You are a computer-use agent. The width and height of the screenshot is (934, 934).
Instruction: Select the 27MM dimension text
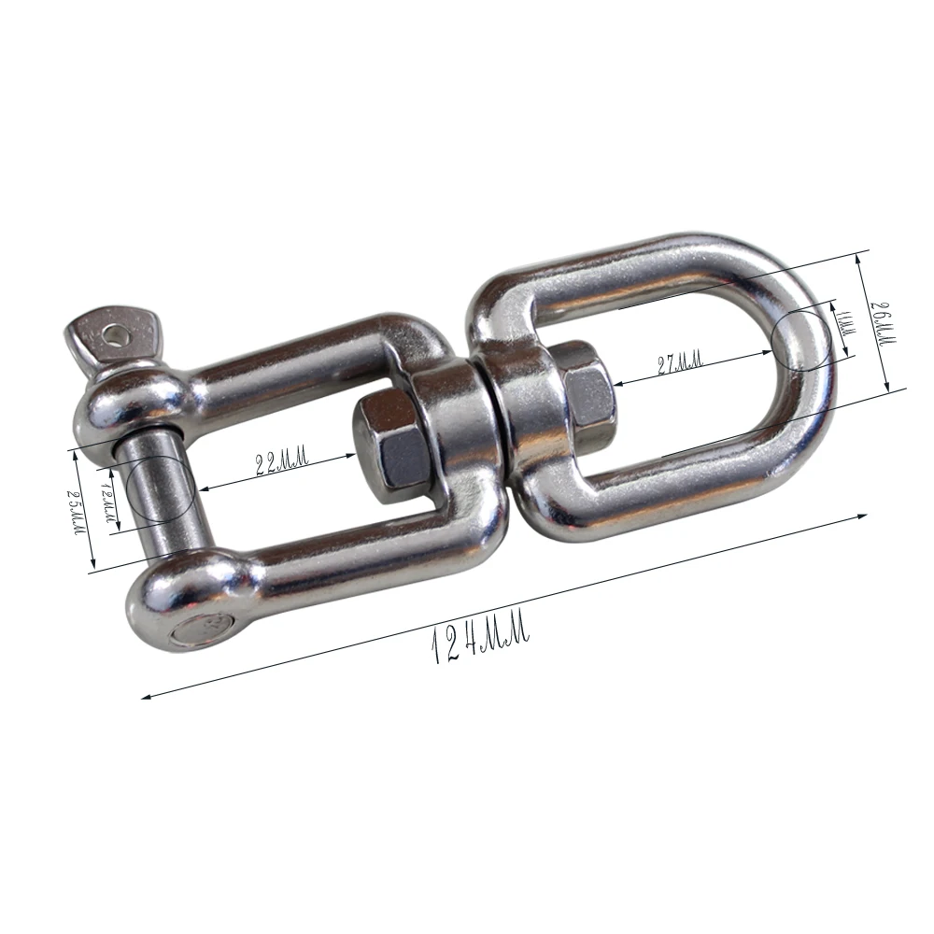(x=679, y=361)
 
